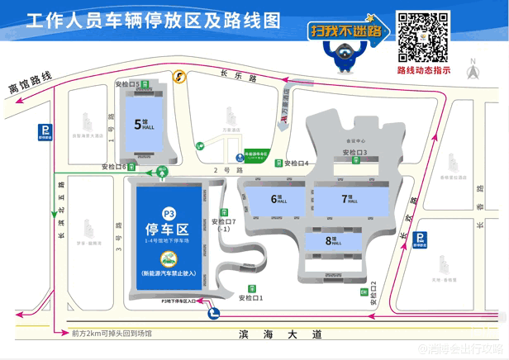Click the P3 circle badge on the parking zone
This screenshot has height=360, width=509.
click(x=169, y=212)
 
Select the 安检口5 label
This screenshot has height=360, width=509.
click(x=129, y=84)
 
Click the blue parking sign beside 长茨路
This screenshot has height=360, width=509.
click(x=421, y=239)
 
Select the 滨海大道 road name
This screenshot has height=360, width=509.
click(x=267, y=334)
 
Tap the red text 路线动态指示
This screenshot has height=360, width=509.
click(x=424, y=71)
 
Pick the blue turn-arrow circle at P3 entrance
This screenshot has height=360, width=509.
click(x=214, y=312)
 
